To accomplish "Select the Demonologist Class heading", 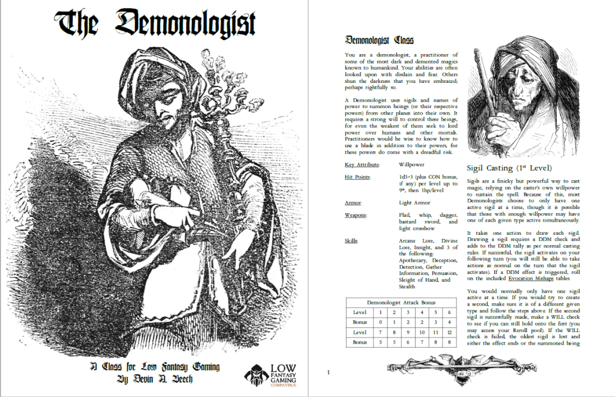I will click(379, 40).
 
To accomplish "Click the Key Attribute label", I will click(362, 164).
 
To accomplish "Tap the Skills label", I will click(353, 241).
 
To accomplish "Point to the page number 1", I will click(329, 372).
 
